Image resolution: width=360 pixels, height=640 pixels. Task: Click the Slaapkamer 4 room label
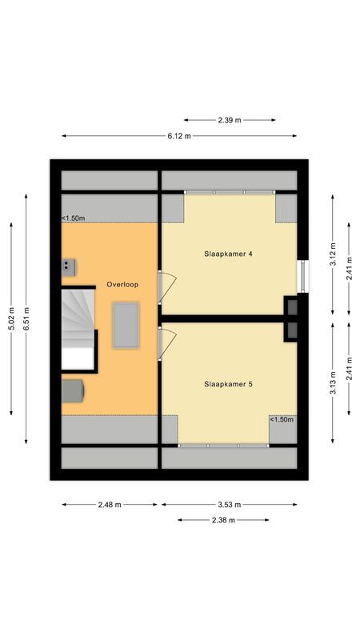[x=229, y=254]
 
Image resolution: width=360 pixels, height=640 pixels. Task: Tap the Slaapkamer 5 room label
[x=229, y=384]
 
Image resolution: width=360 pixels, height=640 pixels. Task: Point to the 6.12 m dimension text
[x=179, y=136]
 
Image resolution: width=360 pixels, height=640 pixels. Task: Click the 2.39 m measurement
[x=229, y=120]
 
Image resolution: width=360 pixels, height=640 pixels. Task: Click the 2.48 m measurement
[x=110, y=505]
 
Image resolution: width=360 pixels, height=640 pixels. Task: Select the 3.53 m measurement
[x=229, y=505]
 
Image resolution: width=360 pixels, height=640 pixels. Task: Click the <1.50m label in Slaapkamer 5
[x=281, y=420]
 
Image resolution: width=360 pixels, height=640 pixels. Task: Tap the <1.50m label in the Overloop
[x=74, y=218]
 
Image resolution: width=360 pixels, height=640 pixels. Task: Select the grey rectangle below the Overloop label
[x=125, y=324]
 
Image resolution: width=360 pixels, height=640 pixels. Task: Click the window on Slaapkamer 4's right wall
[x=301, y=276]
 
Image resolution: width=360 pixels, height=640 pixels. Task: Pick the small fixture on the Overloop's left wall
[x=70, y=265]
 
